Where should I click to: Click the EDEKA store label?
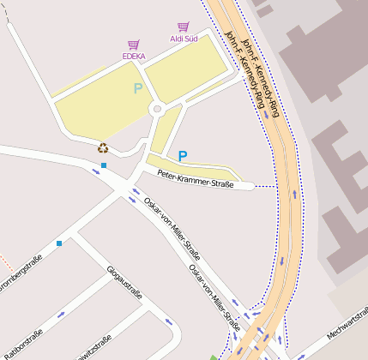click(134, 57)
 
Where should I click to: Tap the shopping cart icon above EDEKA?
click(134, 45)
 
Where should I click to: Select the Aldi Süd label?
click(184, 39)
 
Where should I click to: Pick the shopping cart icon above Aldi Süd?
click(183, 27)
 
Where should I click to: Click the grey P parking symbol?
click(137, 88)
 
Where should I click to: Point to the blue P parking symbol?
click(182, 156)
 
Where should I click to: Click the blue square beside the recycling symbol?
click(103, 165)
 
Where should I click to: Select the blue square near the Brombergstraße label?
click(59, 243)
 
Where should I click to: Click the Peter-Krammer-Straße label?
click(196, 178)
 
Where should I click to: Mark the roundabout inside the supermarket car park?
click(156, 109)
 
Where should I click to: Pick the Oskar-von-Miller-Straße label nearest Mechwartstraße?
click(214, 297)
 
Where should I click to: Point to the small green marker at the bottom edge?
click(214, 357)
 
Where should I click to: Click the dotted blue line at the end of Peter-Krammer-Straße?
click(267, 186)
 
